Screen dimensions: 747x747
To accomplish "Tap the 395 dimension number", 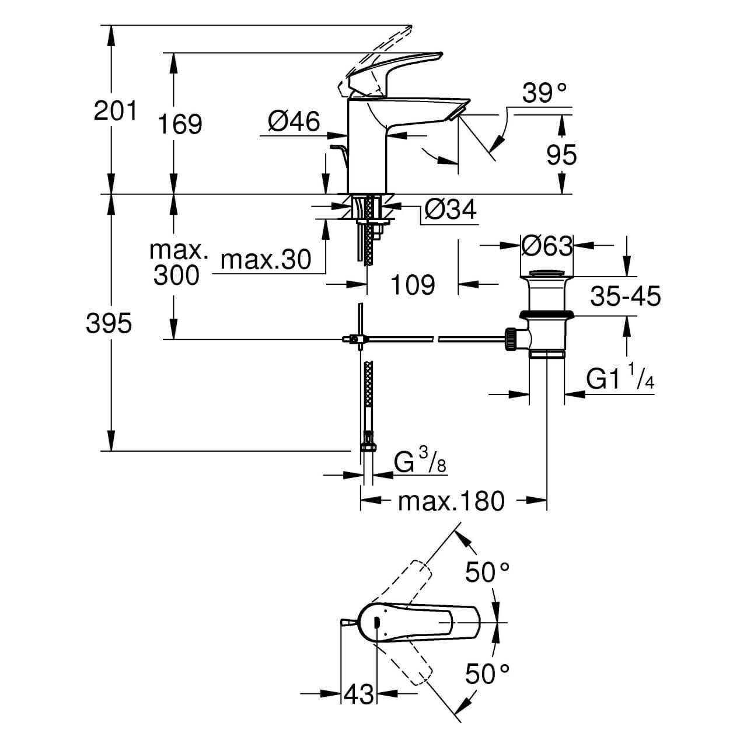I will [109, 323].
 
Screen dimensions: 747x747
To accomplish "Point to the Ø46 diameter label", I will [294, 122].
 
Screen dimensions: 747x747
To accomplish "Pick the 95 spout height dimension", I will [561, 155].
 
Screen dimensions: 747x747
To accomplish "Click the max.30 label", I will [266, 260].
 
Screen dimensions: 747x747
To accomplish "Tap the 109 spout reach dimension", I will [413, 285].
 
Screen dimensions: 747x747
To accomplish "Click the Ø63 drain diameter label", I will [546, 246].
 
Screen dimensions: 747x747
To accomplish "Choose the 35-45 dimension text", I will [625, 296].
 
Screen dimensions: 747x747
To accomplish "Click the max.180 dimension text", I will [451, 501].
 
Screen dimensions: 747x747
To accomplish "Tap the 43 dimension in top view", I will [358, 694].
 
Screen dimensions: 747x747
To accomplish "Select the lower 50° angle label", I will [487, 675].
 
